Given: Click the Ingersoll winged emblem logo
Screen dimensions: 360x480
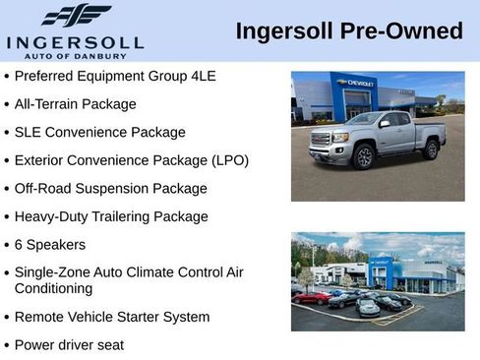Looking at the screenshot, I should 76,17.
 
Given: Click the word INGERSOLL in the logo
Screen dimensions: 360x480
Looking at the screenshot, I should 76,42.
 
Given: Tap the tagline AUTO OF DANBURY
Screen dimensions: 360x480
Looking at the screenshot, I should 76,55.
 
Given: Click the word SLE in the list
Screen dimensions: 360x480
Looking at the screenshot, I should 29,132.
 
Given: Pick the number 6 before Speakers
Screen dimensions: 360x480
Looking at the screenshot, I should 19,244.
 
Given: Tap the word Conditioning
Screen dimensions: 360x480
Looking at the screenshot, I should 54,288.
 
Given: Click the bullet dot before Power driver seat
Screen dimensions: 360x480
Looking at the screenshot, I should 7,345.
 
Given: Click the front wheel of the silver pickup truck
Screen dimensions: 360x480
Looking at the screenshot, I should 364,155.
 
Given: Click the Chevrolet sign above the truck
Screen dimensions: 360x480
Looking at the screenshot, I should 355,84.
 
